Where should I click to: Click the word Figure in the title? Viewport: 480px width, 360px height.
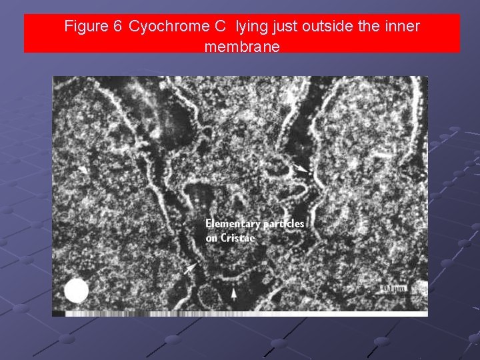point(86,27)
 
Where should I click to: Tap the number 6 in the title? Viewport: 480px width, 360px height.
point(117,27)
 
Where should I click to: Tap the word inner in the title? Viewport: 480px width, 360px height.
point(401,27)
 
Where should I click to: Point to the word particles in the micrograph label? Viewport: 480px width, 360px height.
point(283,223)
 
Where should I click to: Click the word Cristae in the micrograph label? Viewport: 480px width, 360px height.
point(241,238)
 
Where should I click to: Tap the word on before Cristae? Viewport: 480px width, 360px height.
point(212,238)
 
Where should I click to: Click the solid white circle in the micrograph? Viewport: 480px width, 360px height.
point(77,291)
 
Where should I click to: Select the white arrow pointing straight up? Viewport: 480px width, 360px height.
point(234,292)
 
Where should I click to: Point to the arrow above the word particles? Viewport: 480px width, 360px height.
point(301,170)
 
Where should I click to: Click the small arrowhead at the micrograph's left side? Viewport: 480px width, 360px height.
point(83,169)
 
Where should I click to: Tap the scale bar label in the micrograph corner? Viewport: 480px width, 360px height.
point(393,288)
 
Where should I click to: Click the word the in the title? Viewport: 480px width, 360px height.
point(364,27)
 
